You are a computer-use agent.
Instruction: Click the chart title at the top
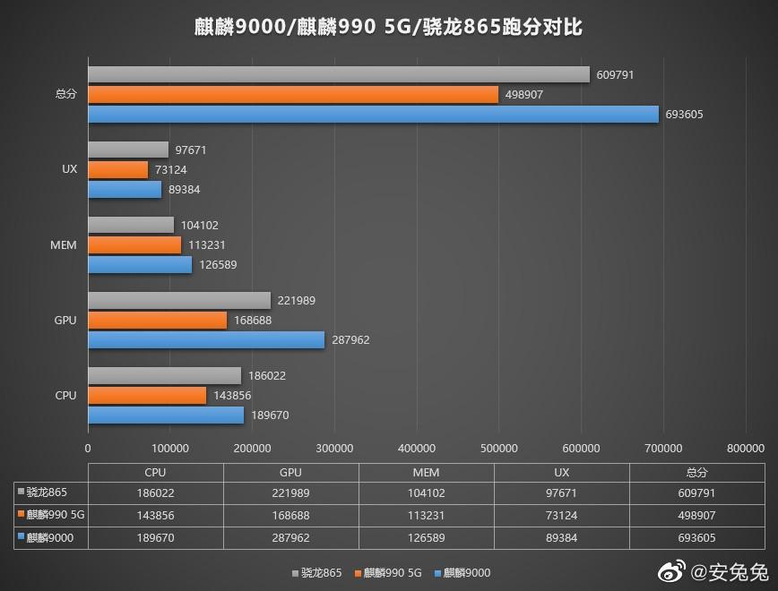(x=388, y=27)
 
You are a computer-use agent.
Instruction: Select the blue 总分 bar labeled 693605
(x=373, y=114)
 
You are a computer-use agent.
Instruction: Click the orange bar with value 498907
(x=292, y=94)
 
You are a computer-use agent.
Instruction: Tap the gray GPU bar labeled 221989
(x=179, y=301)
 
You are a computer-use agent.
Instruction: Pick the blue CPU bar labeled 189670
(x=166, y=415)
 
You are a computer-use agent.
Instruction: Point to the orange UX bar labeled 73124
(x=117, y=169)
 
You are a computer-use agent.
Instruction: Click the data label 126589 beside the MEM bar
(x=219, y=265)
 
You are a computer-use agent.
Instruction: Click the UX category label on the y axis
(x=69, y=169)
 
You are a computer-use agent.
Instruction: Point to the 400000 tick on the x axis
(x=417, y=448)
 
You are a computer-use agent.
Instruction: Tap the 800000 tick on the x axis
(x=746, y=448)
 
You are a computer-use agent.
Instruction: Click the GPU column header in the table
(x=290, y=472)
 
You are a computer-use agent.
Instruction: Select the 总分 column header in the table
(x=696, y=472)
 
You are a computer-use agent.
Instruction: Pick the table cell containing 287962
(x=290, y=537)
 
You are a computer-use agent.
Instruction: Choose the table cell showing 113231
(x=426, y=515)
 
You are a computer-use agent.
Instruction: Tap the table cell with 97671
(x=561, y=492)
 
